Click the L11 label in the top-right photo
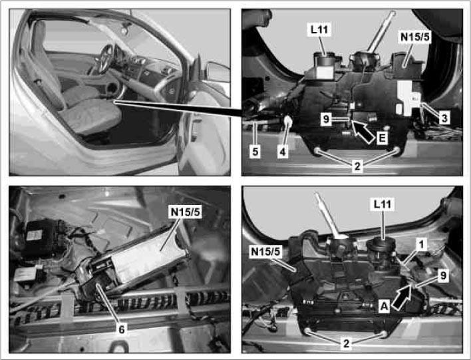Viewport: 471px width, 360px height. [319, 30]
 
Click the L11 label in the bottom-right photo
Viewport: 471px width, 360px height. [383, 204]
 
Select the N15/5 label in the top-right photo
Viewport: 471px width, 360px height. [415, 37]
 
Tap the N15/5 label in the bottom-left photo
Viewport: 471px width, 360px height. [185, 212]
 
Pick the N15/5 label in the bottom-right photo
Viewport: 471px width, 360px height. [265, 252]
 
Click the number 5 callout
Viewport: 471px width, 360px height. [255, 152]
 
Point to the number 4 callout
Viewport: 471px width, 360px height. [283, 152]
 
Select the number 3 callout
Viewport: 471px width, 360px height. [444, 118]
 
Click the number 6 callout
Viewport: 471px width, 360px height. [121, 329]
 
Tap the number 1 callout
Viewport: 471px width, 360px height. [422, 245]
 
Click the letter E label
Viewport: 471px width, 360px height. [382, 138]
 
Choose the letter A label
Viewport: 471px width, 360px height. [383, 307]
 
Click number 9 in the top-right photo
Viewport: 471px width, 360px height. [325, 119]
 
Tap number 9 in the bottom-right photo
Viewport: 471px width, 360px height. [443, 275]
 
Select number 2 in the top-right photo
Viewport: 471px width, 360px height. [357, 166]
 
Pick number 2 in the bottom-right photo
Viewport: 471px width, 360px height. [347, 343]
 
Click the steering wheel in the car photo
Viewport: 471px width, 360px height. [106, 59]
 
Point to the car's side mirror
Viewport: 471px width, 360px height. [218, 72]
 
